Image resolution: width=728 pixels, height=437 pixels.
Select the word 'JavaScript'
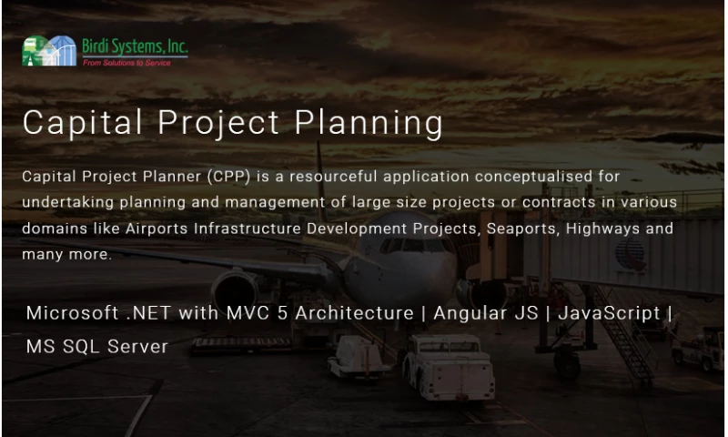[609, 313]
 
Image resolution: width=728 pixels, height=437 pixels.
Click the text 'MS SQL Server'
[96, 347]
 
